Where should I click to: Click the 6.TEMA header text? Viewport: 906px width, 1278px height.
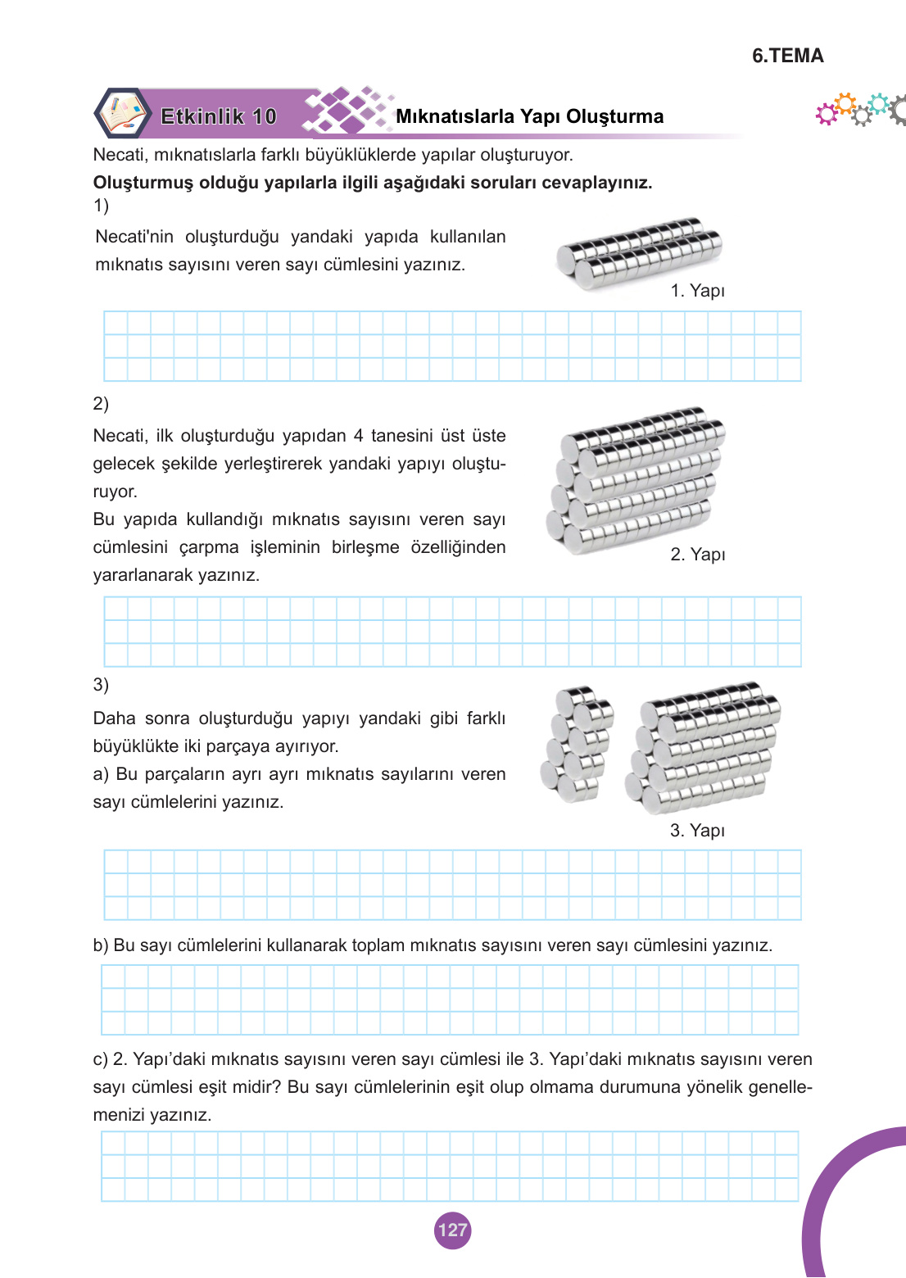click(787, 56)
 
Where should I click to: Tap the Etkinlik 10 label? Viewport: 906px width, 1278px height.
click(219, 116)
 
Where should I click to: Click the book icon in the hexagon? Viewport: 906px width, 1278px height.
click(122, 113)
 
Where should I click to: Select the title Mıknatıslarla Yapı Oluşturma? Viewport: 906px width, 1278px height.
click(529, 116)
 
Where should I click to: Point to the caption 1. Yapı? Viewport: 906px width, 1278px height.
click(697, 291)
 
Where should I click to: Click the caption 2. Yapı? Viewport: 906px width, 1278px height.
click(697, 555)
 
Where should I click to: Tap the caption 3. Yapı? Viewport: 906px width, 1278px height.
click(697, 831)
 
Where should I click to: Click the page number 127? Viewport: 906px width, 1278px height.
click(452, 1230)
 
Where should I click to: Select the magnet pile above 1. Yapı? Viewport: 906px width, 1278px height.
click(639, 252)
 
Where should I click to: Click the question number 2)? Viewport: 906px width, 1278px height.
click(101, 403)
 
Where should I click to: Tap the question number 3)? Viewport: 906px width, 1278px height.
click(101, 685)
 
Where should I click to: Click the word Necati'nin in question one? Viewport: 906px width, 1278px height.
click(134, 237)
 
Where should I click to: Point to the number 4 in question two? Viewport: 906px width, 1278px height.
click(358, 436)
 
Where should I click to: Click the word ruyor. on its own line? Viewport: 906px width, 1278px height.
click(115, 492)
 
